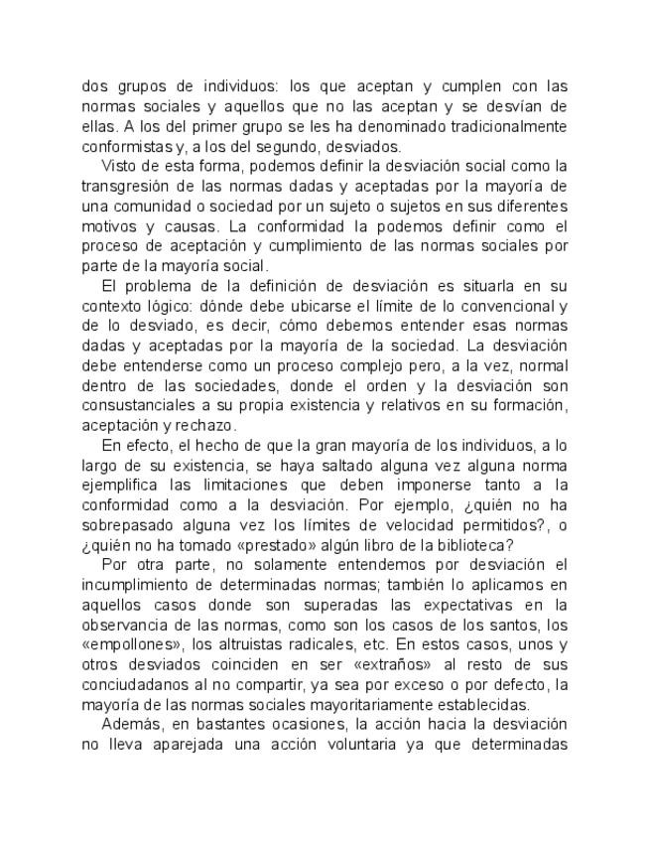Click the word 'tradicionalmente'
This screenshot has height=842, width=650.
pos(504,126)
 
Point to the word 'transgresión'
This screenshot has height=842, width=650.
pos(125,186)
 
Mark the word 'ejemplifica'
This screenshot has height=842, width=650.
pos(119,484)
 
